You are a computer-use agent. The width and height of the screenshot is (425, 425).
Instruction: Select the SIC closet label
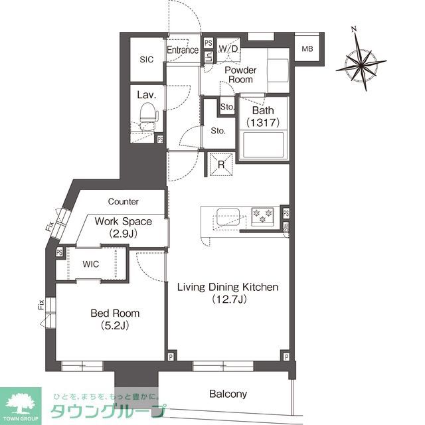point(146,60)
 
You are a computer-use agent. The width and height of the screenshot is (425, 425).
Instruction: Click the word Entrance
point(183,50)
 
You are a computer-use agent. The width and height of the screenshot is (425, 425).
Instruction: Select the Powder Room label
point(239,74)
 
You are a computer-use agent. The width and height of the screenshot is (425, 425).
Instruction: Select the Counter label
point(123,201)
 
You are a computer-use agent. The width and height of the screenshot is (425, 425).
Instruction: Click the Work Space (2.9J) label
point(123,227)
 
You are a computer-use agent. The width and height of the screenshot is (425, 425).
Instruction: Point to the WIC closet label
point(91,264)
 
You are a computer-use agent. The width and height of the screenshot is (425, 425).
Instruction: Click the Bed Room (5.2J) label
point(115,319)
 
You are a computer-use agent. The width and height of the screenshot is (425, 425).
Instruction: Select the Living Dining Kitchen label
point(227,294)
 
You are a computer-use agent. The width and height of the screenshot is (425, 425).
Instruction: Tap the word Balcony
point(228,394)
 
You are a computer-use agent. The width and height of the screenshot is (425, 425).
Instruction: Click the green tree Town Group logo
point(21,402)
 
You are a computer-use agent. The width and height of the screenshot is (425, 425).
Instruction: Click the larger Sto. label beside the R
point(218,131)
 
